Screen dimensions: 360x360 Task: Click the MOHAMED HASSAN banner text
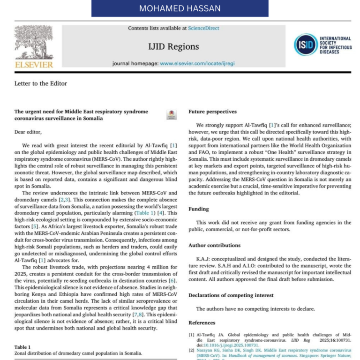(x=180, y=9)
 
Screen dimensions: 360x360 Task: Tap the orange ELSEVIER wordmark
(x=34, y=65)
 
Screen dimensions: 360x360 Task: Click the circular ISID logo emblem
(x=305, y=45)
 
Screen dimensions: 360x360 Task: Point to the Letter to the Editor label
(x=41, y=83)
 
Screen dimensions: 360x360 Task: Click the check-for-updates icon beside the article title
(x=171, y=115)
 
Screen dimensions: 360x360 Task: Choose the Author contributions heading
(x=214, y=245)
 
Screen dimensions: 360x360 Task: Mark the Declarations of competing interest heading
(x=231, y=295)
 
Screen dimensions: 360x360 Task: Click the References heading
(x=202, y=323)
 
